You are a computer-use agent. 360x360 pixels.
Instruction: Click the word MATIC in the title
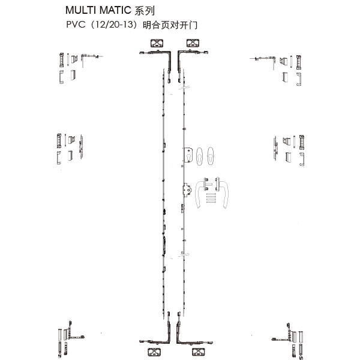point(115,10)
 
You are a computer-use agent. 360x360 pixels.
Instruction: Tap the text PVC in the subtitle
point(76,25)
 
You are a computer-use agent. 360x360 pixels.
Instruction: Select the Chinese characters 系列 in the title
point(145,11)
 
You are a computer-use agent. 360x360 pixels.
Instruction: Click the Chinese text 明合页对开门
point(170,25)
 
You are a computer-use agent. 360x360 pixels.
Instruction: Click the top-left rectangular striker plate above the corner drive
point(157,43)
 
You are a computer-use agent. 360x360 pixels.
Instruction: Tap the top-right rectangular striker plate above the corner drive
point(193,43)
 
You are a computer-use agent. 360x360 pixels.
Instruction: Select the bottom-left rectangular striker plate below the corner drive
point(154,352)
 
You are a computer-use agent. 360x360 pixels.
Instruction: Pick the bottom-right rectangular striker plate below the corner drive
point(199,352)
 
